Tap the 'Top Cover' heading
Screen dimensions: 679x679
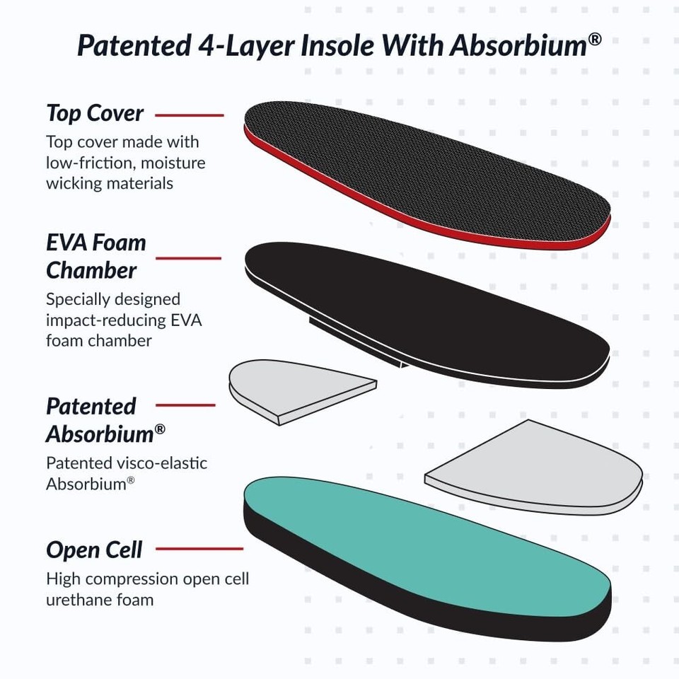[x=95, y=113]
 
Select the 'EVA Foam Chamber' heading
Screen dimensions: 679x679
[x=96, y=256]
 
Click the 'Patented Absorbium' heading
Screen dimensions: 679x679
[x=100, y=419]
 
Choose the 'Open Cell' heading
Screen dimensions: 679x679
[x=94, y=550]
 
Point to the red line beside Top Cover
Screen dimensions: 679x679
[x=189, y=115]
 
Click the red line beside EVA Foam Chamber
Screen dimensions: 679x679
[x=188, y=257]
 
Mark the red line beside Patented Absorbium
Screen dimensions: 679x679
[x=185, y=405]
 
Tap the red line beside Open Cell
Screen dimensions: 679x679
[x=199, y=548]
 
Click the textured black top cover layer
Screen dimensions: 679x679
[x=424, y=170]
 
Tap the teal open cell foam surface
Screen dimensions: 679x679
[x=424, y=530]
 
